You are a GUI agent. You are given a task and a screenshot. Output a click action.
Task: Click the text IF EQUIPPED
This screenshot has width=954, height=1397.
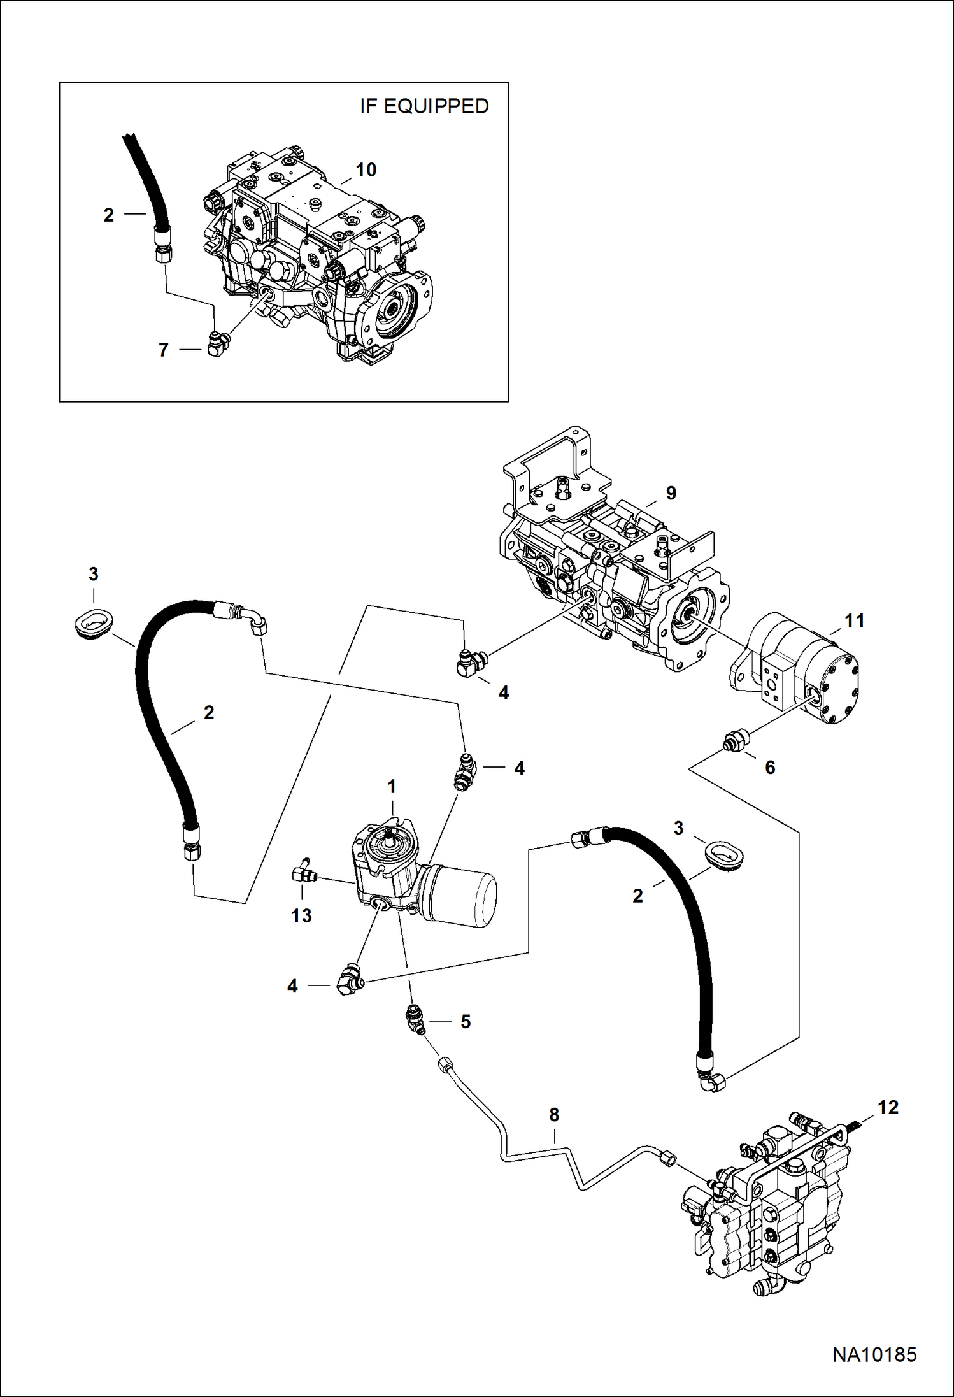tap(424, 106)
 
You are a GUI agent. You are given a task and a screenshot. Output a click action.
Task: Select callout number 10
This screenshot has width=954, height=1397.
tap(366, 170)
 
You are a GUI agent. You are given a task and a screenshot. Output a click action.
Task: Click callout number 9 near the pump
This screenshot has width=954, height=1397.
tap(671, 492)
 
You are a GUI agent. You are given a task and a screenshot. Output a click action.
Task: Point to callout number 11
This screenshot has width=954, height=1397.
tap(854, 620)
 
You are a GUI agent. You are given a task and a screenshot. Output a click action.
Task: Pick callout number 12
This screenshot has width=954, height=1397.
tap(888, 1107)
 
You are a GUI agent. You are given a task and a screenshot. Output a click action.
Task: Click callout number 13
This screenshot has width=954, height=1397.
tap(301, 915)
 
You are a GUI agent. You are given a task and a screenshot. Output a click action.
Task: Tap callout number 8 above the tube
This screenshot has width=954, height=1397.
tap(554, 1114)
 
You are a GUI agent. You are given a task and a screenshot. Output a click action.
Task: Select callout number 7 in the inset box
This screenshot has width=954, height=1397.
tap(164, 350)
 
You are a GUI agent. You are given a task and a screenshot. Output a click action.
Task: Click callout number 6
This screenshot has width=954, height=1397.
tap(770, 768)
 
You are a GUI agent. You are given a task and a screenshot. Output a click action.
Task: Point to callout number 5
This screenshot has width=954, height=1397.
tap(466, 1022)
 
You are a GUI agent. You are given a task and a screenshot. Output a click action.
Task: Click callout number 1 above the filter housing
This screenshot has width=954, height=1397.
tap(392, 787)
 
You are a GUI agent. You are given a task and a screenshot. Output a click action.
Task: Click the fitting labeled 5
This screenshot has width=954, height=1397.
tap(415, 1019)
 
